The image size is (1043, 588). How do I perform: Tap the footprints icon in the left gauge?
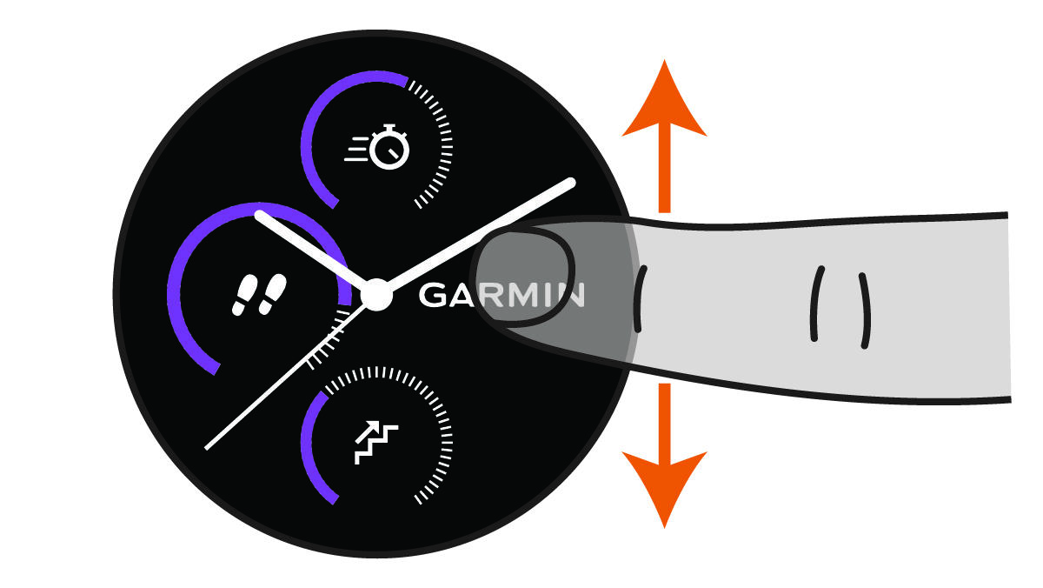click(x=259, y=294)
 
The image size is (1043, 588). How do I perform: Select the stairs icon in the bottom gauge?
click(x=375, y=441)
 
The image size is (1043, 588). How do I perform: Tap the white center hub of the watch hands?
click(x=376, y=294)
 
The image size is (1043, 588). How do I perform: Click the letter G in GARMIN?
click(x=434, y=295)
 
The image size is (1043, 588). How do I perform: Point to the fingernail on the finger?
click(x=521, y=276)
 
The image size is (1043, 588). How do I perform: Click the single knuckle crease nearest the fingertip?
click(x=639, y=299)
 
